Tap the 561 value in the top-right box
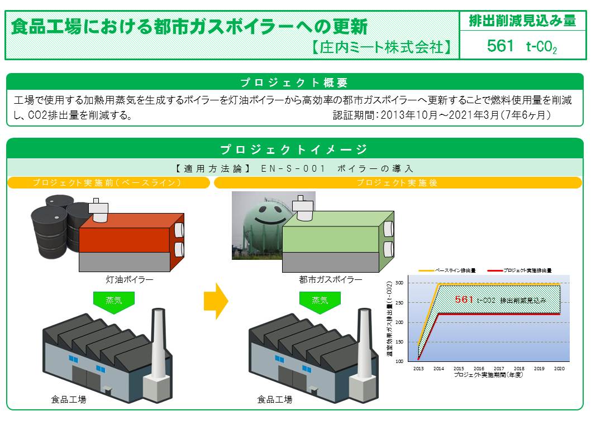pos(500,46)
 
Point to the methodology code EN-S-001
pos(293,168)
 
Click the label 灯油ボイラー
pos(130,279)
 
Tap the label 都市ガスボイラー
pos(331,279)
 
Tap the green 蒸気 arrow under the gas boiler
pos(320,301)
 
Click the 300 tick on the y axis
pos(399,283)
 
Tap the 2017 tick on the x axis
pos(499,369)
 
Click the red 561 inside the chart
pos(464,299)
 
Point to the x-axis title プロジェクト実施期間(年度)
pos(488,375)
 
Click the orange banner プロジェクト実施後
pos(398,183)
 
